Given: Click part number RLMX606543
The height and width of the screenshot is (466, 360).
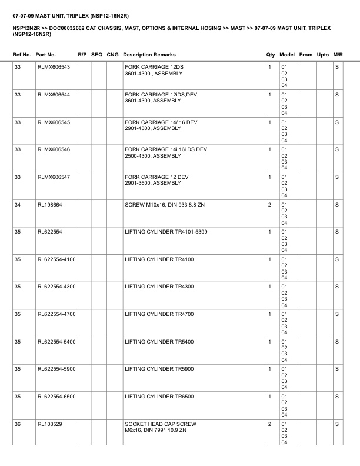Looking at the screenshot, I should click(54, 67).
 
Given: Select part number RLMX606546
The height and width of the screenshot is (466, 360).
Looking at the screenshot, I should click(54, 149).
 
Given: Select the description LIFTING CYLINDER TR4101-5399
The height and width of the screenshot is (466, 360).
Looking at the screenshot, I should click(166, 232).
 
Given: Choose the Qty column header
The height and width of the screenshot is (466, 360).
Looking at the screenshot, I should click(271, 55).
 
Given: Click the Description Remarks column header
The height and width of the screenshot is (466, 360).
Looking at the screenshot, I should click(149, 55).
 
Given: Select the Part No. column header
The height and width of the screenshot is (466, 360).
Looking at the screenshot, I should click(46, 55).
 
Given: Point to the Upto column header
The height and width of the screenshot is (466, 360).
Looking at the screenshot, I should click(323, 55).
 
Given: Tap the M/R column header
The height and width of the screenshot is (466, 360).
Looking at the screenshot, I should click(338, 55).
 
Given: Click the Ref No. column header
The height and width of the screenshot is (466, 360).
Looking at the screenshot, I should click(22, 55).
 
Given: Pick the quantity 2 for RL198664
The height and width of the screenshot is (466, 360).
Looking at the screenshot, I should click(269, 204).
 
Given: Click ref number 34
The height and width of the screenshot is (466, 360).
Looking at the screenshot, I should click(18, 204).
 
